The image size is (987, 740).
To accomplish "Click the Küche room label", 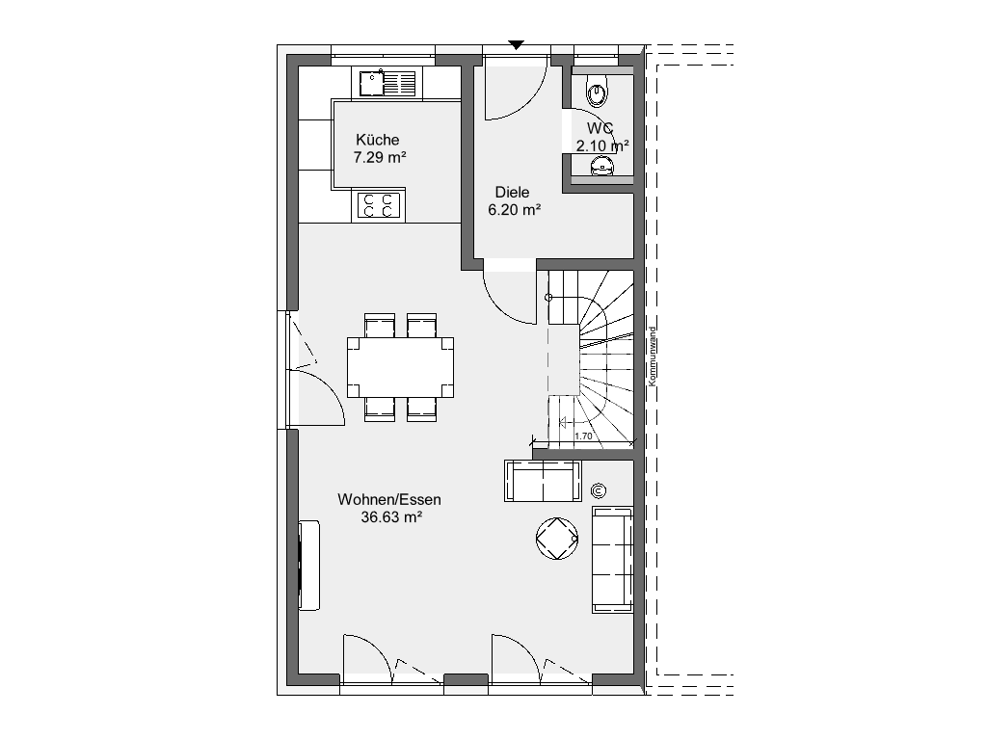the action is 377,140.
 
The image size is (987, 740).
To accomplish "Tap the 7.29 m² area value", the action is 380,157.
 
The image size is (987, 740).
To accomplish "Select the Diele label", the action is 512,192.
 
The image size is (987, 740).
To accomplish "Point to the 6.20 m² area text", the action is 515,209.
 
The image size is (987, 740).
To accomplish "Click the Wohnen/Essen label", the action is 389,500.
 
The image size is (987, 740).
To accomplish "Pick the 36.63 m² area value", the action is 391,517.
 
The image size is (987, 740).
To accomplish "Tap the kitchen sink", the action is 388,84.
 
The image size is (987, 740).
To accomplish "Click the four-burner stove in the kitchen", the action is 379,205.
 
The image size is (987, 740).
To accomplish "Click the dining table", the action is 400,367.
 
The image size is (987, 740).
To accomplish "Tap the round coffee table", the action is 557,539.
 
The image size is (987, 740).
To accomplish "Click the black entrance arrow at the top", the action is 517,44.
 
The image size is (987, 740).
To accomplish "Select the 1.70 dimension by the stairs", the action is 583,436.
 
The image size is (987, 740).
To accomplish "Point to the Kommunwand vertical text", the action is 653,357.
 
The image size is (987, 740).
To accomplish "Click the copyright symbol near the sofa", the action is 598,490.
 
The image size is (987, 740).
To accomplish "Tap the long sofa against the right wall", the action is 612,560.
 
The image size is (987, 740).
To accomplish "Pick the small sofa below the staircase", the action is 543,481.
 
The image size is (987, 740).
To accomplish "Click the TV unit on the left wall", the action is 309,565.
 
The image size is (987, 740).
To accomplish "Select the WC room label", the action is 600,128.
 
